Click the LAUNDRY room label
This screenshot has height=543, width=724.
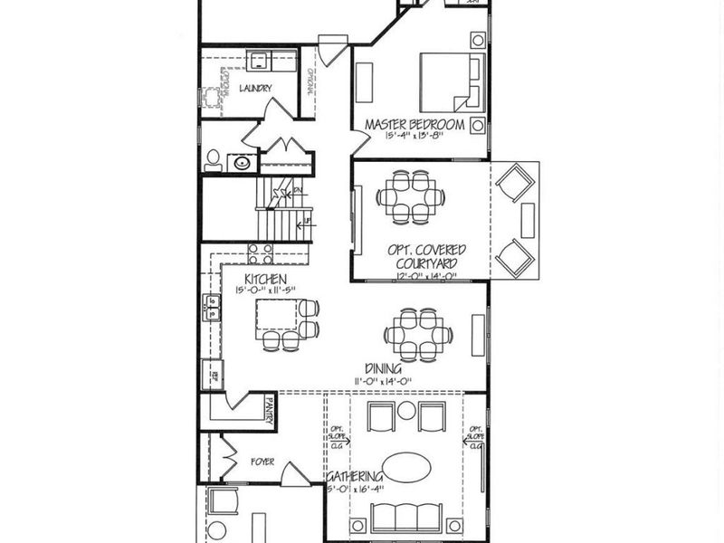click(256, 88)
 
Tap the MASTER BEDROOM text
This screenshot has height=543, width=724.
click(414, 124)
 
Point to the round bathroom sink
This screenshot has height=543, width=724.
click(243, 163)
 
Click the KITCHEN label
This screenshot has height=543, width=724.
click(265, 279)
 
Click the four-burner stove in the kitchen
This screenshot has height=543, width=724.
click(261, 253)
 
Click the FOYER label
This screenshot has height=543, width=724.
click(262, 462)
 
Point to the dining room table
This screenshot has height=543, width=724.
click(417, 334)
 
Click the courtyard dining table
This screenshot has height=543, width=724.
click(411, 196)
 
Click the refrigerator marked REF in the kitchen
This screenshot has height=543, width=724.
click(211, 373)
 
